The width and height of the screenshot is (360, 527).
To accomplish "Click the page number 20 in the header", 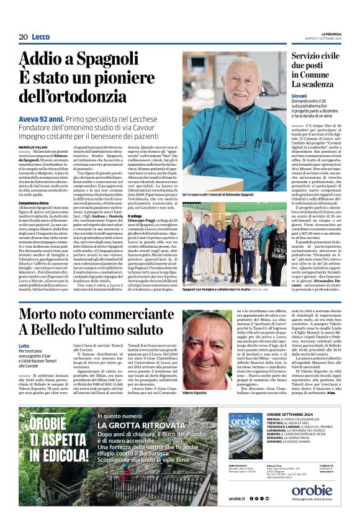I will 23,37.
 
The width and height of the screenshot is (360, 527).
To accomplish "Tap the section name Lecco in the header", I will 40,37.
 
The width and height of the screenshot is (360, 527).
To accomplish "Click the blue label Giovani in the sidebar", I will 299,97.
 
